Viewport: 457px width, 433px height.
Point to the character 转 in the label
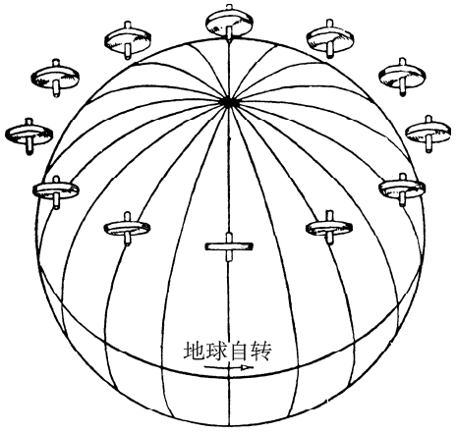click(x=261, y=351)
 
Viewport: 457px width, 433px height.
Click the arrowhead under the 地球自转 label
click(x=247, y=367)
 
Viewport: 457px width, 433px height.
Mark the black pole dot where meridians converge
click(x=229, y=102)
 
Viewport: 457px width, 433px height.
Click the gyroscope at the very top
click(x=229, y=23)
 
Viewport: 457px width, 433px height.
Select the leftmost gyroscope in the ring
click(x=29, y=135)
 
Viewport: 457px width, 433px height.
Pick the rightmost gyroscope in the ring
click(x=428, y=133)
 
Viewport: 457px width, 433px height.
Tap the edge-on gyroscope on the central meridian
click(x=229, y=246)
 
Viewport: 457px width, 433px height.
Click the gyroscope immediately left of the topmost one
click(x=128, y=40)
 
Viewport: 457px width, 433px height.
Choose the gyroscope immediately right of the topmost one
click(x=330, y=38)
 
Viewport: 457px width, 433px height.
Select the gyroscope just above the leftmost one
click(x=55, y=78)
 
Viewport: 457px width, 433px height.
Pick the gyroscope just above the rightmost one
click(x=402, y=77)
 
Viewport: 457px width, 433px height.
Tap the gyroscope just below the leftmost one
click(x=56, y=191)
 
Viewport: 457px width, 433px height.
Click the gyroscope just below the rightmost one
click(x=402, y=189)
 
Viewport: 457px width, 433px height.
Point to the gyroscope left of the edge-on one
click(x=127, y=228)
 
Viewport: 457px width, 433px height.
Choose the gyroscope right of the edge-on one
click(x=329, y=227)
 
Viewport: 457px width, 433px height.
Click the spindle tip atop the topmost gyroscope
click(x=229, y=6)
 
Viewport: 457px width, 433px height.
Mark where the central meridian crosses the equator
click(x=229, y=377)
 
